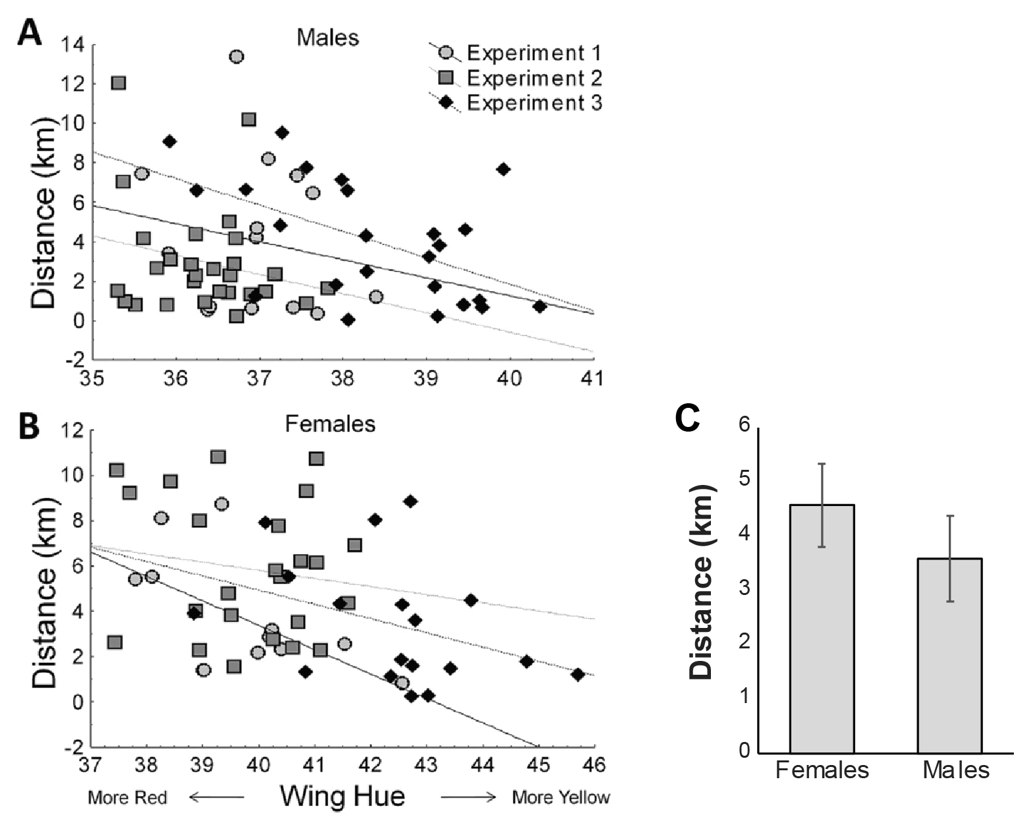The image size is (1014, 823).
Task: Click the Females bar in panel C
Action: (822, 628)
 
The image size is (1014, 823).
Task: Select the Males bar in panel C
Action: (949, 655)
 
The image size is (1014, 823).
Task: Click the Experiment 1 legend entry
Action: (534, 53)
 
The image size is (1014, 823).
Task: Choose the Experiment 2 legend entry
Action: (534, 78)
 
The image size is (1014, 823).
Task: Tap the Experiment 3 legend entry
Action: (534, 103)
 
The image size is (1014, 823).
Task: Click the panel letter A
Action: (30, 33)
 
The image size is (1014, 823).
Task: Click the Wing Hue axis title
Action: (342, 796)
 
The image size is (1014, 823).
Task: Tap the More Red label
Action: (128, 798)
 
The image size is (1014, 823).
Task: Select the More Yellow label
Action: (561, 798)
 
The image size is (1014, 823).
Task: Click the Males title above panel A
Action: (327, 38)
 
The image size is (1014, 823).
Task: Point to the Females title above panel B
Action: (330, 424)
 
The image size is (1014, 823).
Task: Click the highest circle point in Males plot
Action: (237, 57)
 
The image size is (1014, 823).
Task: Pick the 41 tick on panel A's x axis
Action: (594, 379)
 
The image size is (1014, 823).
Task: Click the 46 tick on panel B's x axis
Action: (594, 765)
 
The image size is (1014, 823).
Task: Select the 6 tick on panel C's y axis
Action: (744, 426)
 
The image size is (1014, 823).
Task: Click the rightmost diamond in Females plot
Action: (578, 675)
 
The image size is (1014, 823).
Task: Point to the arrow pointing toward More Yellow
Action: (468, 798)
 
